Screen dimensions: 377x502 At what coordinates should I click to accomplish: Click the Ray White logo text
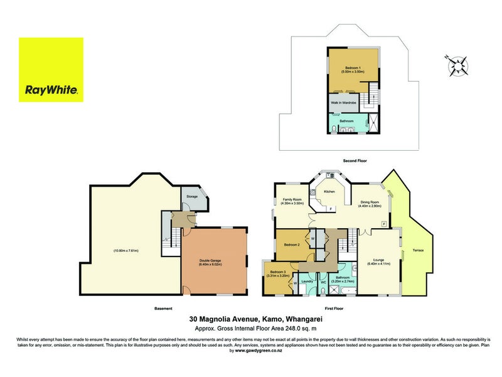pyautogui.click(x=51, y=90)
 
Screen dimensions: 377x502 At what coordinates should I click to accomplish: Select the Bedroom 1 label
pyautogui.click(x=353, y=67)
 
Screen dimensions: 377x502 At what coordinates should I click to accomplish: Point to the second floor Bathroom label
pyautogui.click(x=346, y=121)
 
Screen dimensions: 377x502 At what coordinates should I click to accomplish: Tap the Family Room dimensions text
pyautogui.click(x=293, y=204)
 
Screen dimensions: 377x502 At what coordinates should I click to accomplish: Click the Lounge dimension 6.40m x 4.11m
pyautogui.click(x=378, y=264)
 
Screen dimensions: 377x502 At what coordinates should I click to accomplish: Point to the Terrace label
pyautogui.click(x=418, y=251)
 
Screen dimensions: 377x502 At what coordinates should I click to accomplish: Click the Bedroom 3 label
pyautogui.click(x=277, y=273)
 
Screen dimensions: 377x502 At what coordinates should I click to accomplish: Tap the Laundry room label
pyautogui.click(x=307, y=281)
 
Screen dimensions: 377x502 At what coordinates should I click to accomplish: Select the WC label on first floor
pyautogui.click(x=324, y=281)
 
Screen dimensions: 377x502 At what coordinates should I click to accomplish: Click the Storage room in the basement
pyautogui.click(x=192, y=197)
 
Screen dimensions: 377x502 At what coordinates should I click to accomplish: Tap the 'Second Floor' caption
pyautogui.click(x=355, y=161)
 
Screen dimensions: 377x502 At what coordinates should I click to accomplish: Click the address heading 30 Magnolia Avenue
pyautogui.click(x=250, y=319)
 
